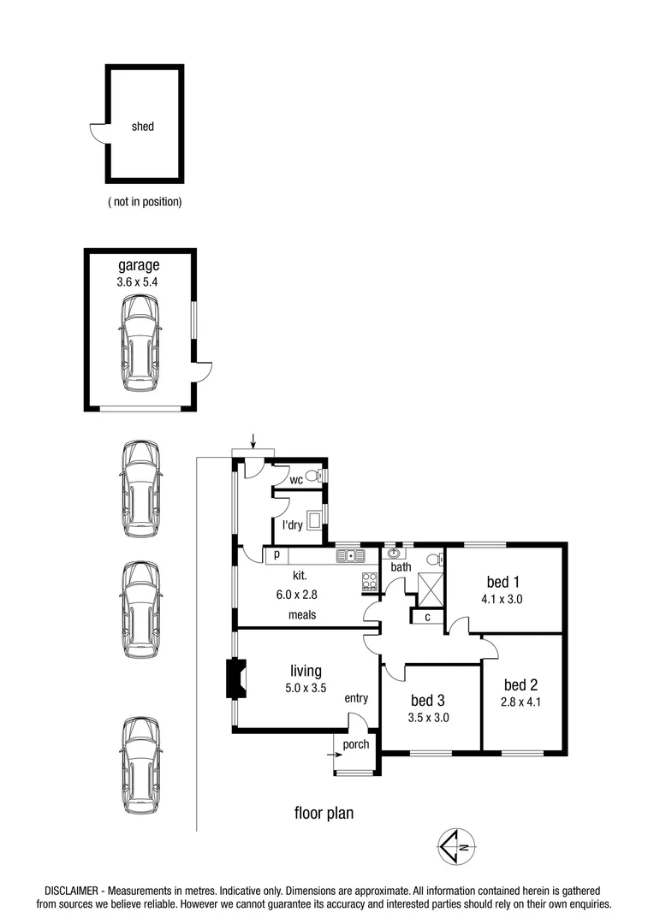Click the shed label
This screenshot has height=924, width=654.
point(143,127)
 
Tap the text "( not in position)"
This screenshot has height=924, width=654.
point(145,203)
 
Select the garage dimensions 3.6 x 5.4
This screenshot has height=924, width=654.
point(139,281)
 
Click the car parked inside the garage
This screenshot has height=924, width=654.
point(140,343)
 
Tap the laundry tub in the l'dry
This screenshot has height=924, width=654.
point(313,517)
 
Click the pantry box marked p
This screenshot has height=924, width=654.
point(276,555)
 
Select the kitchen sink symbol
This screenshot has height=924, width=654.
point(351,556)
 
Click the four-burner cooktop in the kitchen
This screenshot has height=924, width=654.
point(371,581)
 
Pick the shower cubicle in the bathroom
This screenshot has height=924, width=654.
point(429,588)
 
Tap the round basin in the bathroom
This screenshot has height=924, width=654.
point(395,553)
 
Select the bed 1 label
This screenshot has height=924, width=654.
point(503,583)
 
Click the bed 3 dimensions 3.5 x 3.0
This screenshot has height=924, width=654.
point(429,718)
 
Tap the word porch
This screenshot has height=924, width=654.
point(356,744)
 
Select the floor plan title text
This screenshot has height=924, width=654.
point(324,813)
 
